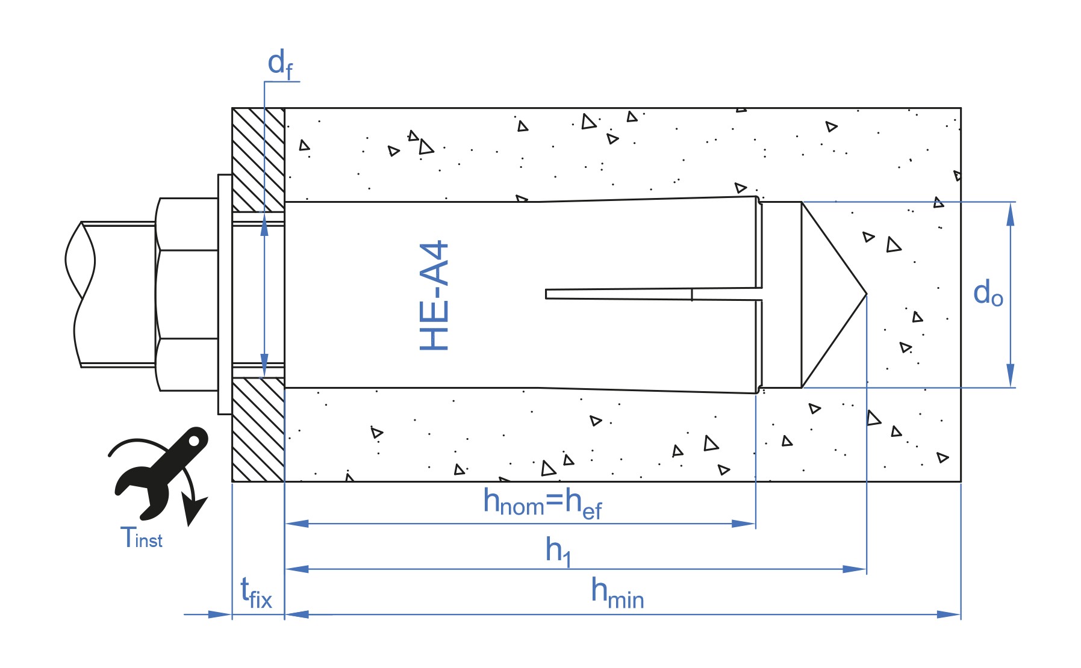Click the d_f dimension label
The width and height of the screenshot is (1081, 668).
281,64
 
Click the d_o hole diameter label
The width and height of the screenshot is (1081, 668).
988,293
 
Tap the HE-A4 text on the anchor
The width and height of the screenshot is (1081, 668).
434,295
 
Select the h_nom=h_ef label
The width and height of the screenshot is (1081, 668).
543,504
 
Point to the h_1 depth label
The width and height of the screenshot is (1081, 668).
558,551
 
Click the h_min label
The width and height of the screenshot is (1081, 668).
617,593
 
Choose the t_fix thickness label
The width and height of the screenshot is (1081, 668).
256,593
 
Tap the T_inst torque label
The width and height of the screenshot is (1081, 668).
142,537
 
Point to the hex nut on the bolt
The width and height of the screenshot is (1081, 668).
187,294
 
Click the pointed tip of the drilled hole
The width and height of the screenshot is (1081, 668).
867,294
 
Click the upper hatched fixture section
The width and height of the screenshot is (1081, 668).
258,159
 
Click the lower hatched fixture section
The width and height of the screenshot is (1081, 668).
258,430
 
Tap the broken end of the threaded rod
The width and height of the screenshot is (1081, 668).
80,294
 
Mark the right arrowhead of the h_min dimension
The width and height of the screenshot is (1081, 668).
949,614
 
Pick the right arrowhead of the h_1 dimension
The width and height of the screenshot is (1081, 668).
855,569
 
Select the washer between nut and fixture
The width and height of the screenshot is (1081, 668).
225,294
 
